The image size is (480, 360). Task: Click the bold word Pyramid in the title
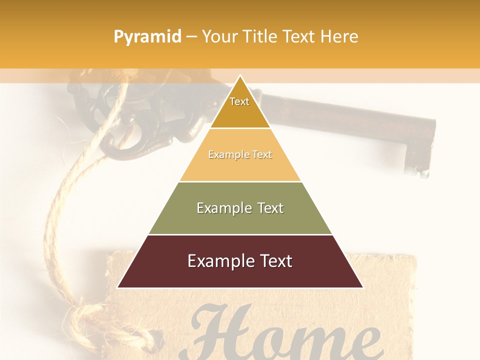147,37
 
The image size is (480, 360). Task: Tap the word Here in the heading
339,36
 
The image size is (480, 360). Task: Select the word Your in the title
217,36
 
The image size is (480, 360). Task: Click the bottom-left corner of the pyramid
118,287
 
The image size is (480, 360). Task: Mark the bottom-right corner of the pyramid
362,287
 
